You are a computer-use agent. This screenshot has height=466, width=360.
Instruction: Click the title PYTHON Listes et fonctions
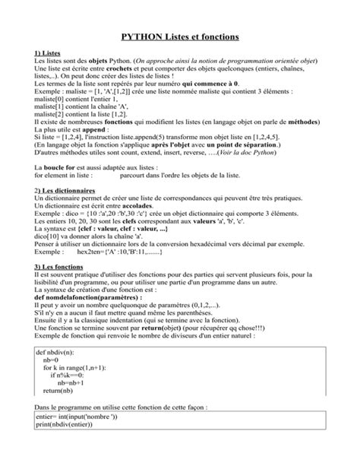tap(179, 35)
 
